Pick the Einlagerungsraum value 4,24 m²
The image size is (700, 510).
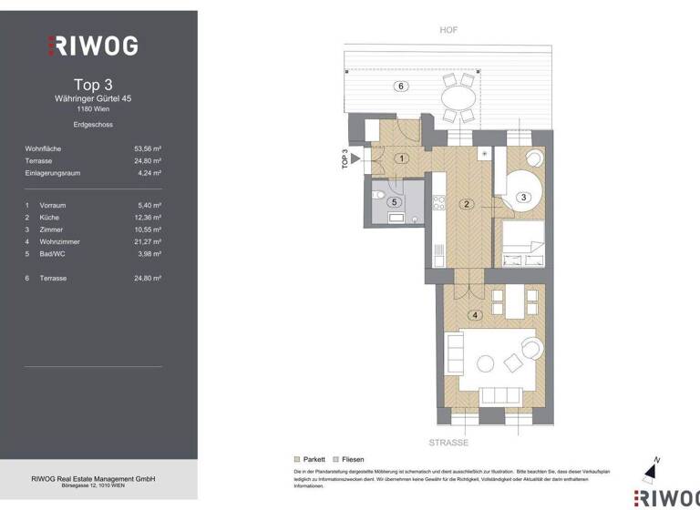pos(148,172)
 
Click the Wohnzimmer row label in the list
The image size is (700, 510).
pos(60,241)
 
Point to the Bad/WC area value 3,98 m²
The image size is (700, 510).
pos(148,254)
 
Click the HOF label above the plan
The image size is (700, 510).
pos(448,30)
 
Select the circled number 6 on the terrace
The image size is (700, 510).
pos(398,86)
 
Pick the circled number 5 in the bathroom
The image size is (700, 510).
pos(394,202)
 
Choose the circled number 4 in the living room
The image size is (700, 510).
pos(473,316)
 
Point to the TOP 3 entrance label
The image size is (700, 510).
pos(345,159)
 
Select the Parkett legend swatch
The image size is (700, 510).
pos(297,460)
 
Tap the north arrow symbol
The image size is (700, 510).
pos(649,469)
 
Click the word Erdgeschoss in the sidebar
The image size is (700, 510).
pos(93,124)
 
